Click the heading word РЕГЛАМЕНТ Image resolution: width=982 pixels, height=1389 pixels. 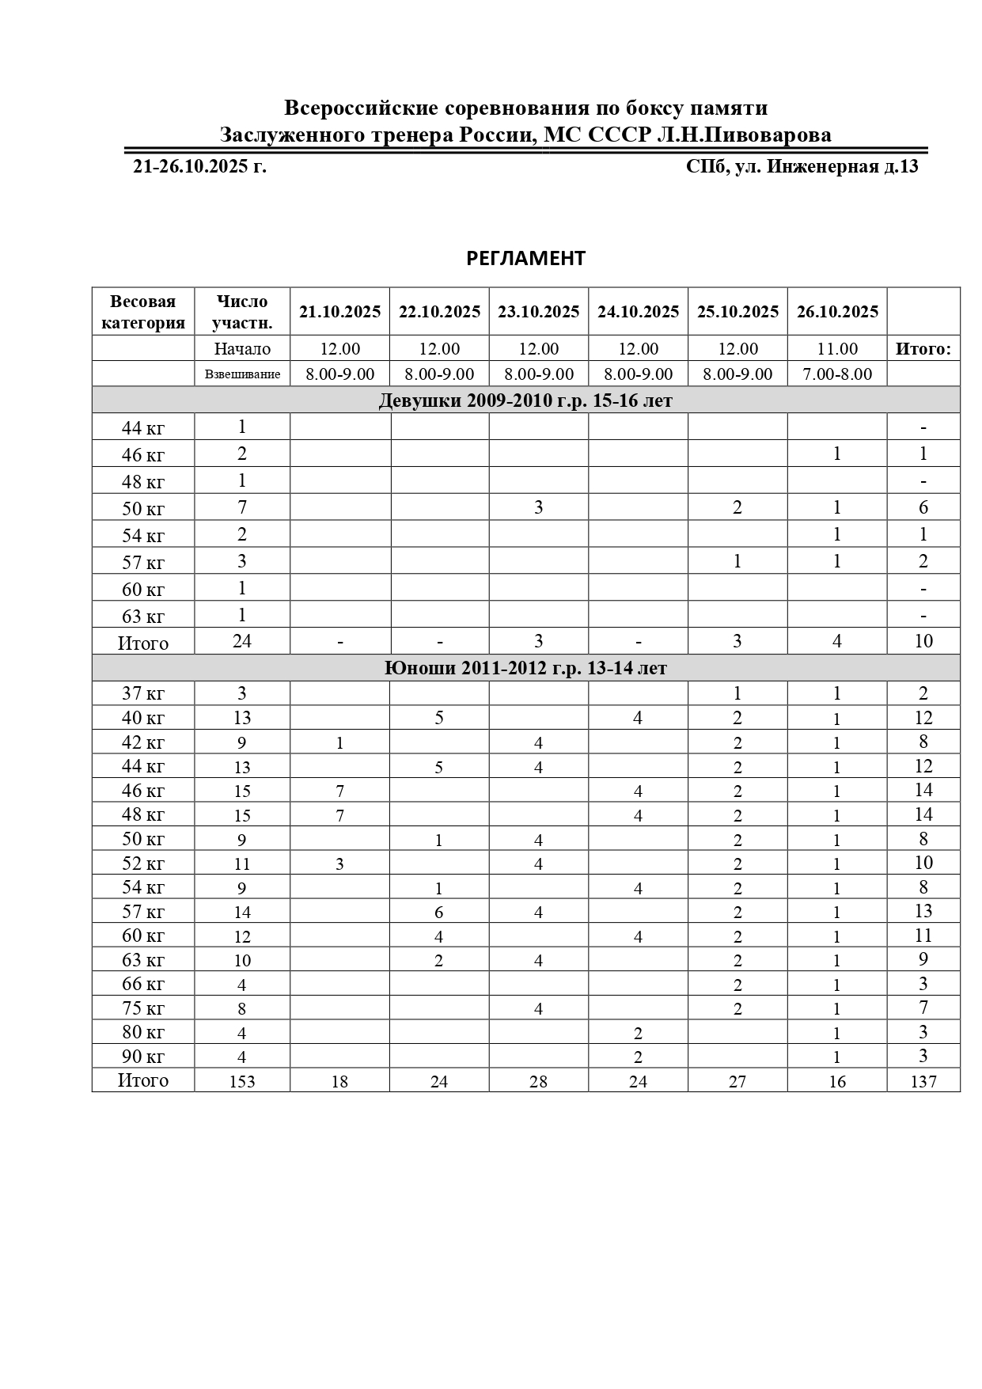click(525, 259)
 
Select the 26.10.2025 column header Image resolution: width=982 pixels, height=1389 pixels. click(837, 312)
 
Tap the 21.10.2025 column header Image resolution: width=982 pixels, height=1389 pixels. click(340, 312)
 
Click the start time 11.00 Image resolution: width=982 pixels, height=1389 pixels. click(837, 349)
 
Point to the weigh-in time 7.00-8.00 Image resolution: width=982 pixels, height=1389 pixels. click(837, 374)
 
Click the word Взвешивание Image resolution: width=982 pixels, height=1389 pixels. click(242, 374)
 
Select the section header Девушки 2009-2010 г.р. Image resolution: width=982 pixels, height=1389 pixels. click(525, 400)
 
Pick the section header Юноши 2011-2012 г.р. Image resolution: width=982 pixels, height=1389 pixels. click(525, 669)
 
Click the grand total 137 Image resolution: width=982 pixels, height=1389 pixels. click(923, 1081)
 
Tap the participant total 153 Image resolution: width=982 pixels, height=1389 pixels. click(242, 1081)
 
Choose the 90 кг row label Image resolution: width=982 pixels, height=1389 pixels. click(143, 1057)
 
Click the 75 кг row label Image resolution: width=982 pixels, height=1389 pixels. click(143, 1008)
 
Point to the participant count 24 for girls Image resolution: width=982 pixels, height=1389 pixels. click(242, 641)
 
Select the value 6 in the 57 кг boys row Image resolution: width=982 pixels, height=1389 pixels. click(439, 913)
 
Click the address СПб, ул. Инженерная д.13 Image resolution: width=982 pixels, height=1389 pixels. click(802, 167)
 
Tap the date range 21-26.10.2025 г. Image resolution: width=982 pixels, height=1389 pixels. click(199, 167)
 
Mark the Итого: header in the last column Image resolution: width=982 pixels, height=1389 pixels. click(923, 349)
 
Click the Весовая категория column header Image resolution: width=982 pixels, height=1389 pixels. click(143, 312)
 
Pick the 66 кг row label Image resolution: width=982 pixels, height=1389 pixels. click(143, 984)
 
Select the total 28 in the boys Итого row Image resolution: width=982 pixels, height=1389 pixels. click(538, 1081)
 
